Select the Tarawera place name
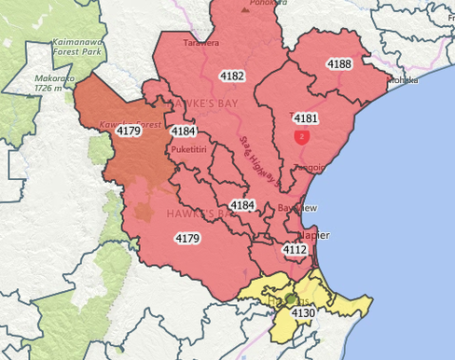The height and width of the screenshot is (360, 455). [201, 43]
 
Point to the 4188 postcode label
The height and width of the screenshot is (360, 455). [339, 63]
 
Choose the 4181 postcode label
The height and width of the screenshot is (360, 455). [305, 119]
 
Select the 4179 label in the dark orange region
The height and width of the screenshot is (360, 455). [129, 132]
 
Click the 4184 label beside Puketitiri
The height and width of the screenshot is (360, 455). [184, 132]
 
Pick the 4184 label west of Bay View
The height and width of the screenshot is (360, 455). [242, 204]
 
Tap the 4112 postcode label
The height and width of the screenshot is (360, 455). [295, 250]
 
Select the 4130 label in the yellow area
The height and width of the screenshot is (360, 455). [303, 314]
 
